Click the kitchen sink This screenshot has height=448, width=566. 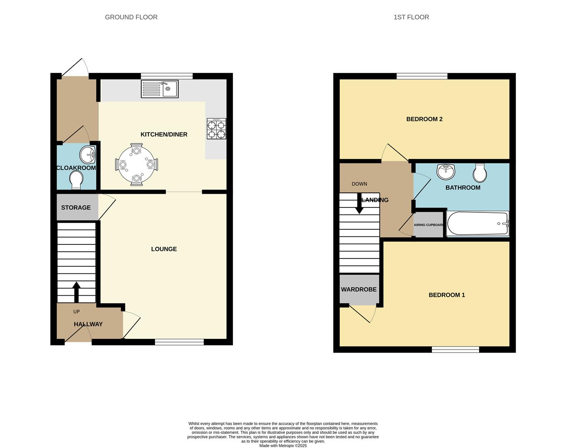click(160, 89)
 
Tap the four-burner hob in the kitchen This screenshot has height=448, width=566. click(216, 129)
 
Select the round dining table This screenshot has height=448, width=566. click(136, 165)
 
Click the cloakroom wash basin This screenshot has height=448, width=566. click(88, 154)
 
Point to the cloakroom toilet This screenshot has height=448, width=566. click(76, 180)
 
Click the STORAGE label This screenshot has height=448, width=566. click(76, 207)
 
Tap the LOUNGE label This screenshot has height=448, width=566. click(164, 249)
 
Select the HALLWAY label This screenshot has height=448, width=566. click(88, 324)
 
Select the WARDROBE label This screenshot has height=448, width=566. click(359, 290)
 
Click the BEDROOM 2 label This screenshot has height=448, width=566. click(424, 119)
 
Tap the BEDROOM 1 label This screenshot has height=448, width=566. click(447, 295)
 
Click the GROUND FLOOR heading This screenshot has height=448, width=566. click(131, 17)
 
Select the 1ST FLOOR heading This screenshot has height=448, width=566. click(411, 17)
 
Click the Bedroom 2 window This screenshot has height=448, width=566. click(422, 76)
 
